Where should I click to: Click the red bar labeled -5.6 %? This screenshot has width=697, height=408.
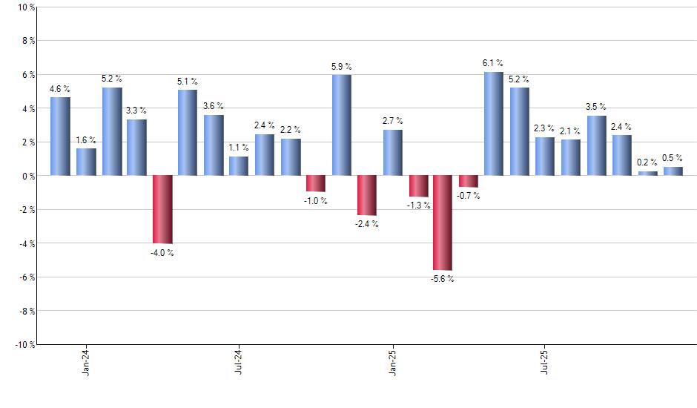coord(443,223)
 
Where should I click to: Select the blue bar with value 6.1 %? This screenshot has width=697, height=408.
coord(494,124)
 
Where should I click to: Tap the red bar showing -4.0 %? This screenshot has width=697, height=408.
coord(162,209)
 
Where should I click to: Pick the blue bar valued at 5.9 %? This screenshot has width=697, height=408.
coord(341,125)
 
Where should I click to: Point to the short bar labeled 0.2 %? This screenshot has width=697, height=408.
coord(647,174)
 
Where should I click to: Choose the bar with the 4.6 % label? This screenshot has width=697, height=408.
coord(60,136)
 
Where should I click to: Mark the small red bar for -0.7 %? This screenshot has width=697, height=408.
coord(469,181)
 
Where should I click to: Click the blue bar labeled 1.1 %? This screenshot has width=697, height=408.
coord(239,166)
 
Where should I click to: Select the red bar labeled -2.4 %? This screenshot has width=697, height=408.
coord(366,195)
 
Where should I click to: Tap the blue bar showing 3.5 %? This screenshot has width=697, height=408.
coord(596,146)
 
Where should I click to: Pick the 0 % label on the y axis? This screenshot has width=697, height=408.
coord(26,176)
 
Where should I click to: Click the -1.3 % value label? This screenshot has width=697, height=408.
coord(418,205)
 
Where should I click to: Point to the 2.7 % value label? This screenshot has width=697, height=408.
coord(393,120)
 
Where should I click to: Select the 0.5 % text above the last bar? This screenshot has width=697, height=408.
coord(673,157)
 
